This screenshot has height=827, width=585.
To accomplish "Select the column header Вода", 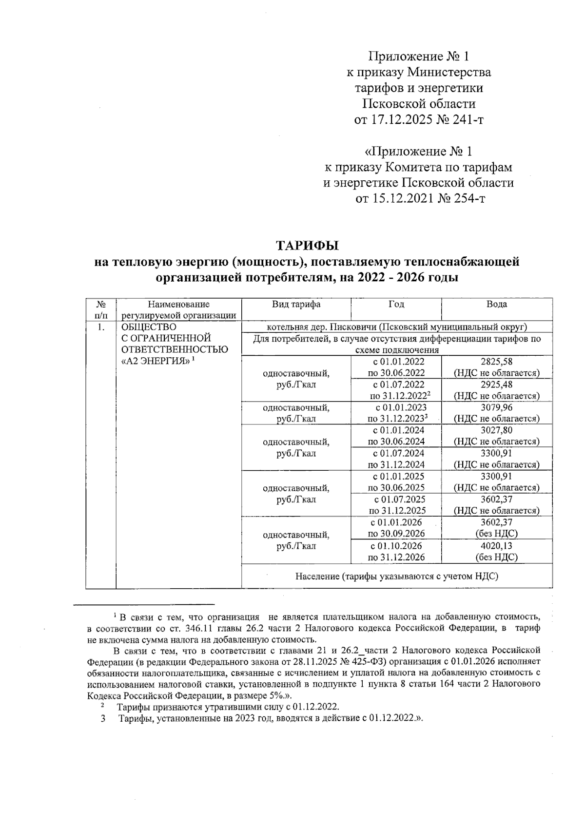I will click(x=496, y=305).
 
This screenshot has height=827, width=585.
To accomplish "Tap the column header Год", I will click(x=396, y=305).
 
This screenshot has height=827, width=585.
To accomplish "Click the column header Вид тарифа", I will click(x=296, y=305).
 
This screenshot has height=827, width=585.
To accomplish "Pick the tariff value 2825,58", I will click(x=496, y=362).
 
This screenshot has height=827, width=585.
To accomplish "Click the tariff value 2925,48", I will click(x=496, y=385).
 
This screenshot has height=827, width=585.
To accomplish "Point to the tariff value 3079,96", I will click(x=496, y=407).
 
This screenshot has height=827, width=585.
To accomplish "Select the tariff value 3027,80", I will click(x=496, y=430).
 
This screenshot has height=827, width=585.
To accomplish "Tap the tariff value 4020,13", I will click(x=496, y=546).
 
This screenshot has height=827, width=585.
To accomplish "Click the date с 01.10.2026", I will click(x=396, y=546).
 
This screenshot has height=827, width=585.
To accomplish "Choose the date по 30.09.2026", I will click(x=396, y=534).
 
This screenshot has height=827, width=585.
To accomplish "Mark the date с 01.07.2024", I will click(x=396, y=453).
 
